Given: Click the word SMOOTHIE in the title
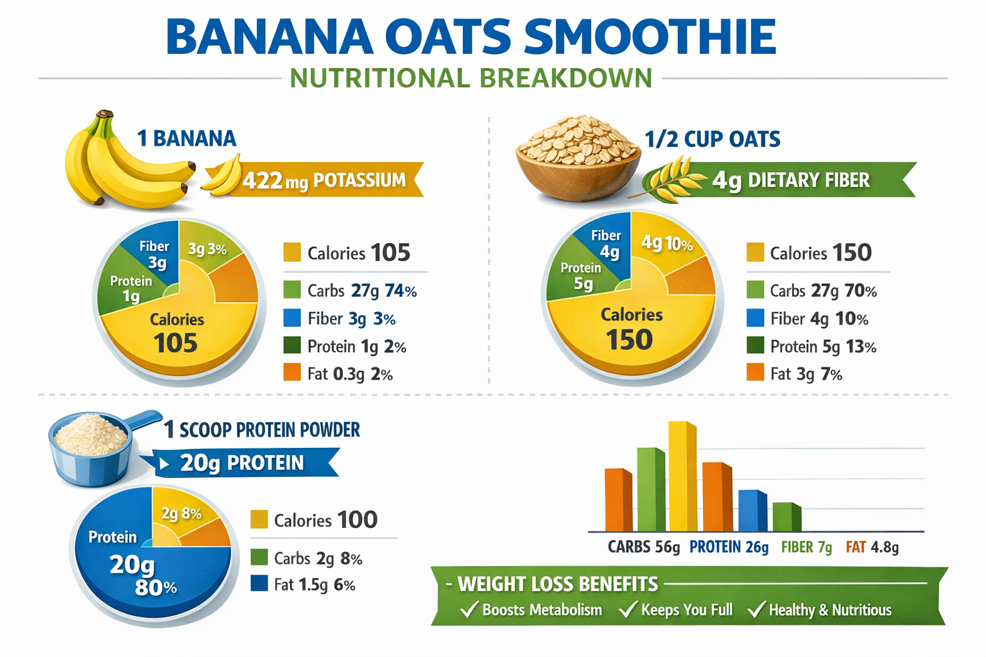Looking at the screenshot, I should [x=650, y=37].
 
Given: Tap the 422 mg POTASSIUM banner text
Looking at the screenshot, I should [x=324, y=181].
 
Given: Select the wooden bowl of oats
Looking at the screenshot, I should [x=577, y=160].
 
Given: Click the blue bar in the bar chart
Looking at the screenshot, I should [x=752, y=511].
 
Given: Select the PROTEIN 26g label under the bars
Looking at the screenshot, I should [x=729, y=547].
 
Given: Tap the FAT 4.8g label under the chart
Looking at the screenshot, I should [x=872, y=547].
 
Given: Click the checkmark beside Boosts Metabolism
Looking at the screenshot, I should [x=470, y=609].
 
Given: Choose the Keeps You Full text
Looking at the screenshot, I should [x=686, y=610].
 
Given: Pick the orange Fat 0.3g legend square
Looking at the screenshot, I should [x=292, y=373].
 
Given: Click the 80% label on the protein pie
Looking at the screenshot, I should [x=155, y=587].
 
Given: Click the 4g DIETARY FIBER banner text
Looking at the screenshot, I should [x=791, y=180].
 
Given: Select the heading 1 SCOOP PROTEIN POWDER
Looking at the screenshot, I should [x=262, y=429].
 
